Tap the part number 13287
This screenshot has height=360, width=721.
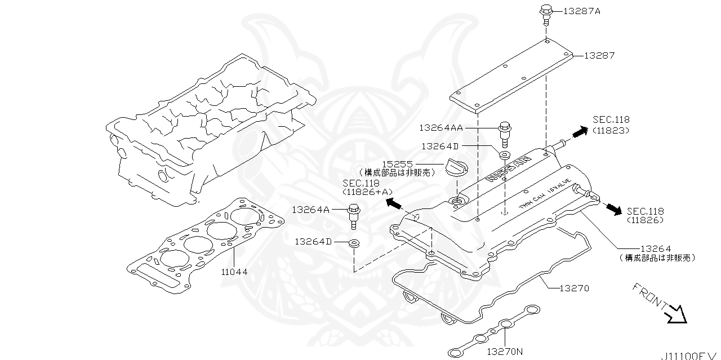click(599, 56)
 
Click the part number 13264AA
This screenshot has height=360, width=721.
click(440, 128)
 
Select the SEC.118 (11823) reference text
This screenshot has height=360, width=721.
click(611, 125)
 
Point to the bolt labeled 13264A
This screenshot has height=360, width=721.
click(354, 216)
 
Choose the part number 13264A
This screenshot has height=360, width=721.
click(310, 210)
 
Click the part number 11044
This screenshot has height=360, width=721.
click(233, 272)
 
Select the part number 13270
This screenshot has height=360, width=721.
click(574, 288)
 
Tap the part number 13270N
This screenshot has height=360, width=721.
click(505, 352)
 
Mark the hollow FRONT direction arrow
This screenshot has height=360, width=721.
click(677, 314)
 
